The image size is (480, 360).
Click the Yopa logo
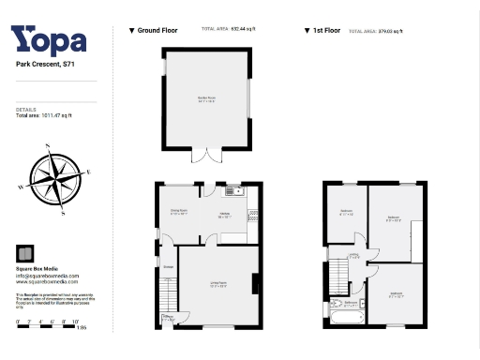coord(49,39)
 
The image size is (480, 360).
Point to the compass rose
coord(54,178)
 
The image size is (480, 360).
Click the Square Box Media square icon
coord(25,253)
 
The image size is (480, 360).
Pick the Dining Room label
coord(178,212)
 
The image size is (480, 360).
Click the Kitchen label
coord(225,215)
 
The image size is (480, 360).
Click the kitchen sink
coord(236,192)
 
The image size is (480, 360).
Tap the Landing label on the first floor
coord(354,256)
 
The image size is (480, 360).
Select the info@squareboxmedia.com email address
coord(47,276)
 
